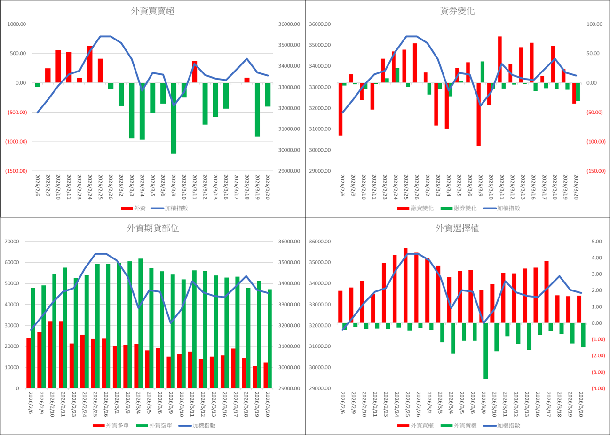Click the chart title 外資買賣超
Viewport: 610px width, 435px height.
[x=153, y=11]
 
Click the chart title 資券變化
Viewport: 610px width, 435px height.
[x=458, y=11]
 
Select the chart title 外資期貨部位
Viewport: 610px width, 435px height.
[x=153, y=228]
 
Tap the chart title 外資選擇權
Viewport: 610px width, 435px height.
[x=458, y=228]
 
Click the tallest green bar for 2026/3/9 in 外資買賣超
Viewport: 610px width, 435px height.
[x=174, y=118]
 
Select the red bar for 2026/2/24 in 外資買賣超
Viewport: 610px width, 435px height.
[x=90, y=64]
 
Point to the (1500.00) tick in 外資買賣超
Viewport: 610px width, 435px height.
[x=16, y=171]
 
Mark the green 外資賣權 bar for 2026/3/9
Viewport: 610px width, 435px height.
[x=485, y=351]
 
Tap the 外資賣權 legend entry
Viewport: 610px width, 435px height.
[x=461, y=425]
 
